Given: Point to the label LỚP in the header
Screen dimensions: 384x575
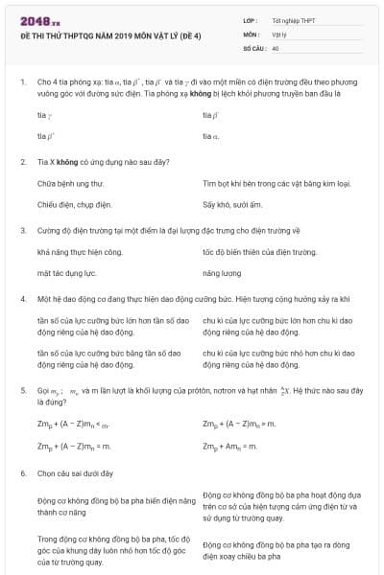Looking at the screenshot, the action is pos(250,19).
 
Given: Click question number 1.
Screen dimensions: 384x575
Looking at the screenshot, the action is pos(22,83).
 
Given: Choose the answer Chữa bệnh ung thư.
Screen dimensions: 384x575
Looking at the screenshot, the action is pos(70,182).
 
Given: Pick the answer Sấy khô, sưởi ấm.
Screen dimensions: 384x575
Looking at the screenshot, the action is pos(232,205).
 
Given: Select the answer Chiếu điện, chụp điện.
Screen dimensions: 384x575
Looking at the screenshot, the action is pos(75,205).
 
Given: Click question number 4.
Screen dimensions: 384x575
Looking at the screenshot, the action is pos(22,299).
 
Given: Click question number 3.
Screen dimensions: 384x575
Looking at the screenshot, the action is pos(22,230).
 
